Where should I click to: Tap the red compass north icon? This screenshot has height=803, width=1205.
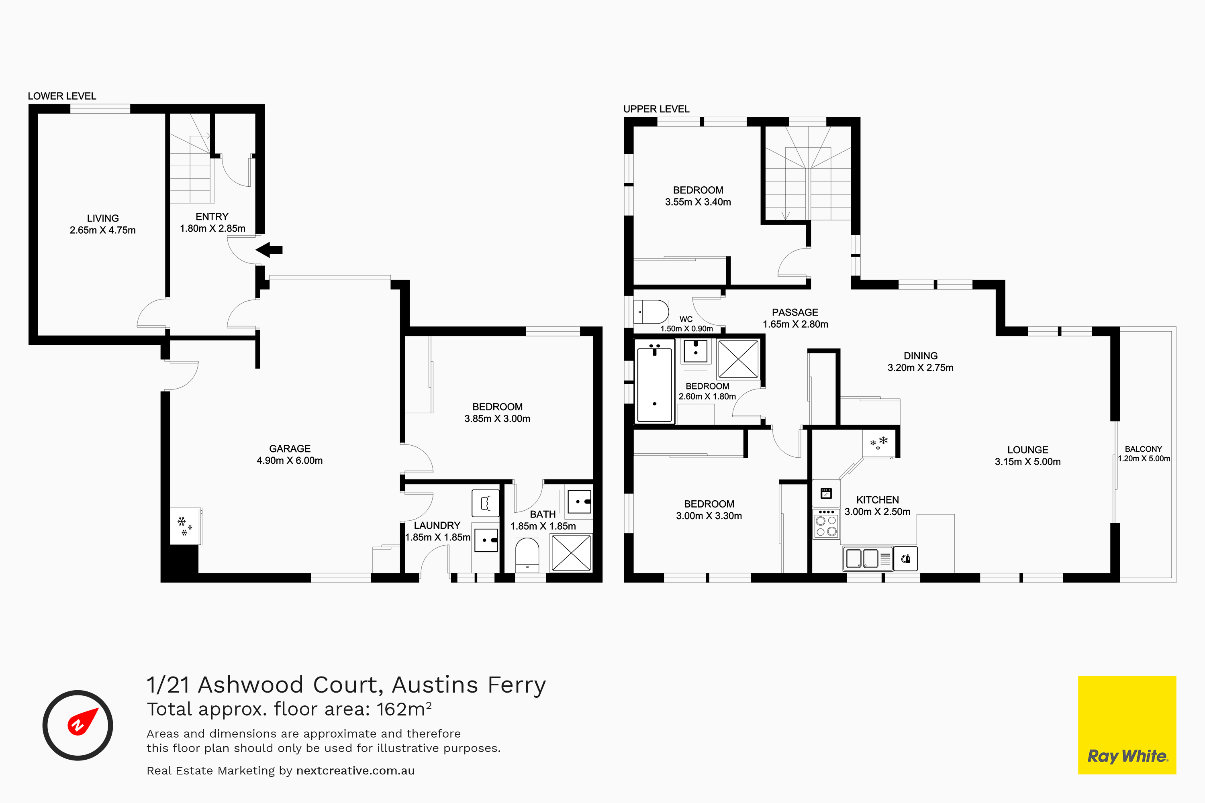click(x=82, y=721)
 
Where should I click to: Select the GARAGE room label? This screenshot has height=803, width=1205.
click(x=290, y=448)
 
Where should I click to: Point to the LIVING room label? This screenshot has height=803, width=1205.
click(x=102, y=218)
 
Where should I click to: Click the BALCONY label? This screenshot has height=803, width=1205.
click(x=1144, y=448)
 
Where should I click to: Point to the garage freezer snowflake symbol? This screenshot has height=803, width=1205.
click(x=184, y=526)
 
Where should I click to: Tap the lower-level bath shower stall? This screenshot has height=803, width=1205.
click(x=571, y=552)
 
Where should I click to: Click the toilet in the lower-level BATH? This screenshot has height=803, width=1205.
click(x=527, y=554)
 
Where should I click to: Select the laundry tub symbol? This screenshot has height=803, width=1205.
click(x=485, y=503)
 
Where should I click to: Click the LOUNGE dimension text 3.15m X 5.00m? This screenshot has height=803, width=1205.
click(x=1028, y=461)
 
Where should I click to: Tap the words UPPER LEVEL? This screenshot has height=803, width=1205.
click(x=656, y=109)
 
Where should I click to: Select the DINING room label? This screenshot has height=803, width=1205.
click(x=921, y=355)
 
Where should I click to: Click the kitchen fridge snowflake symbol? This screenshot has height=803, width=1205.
click(x=879, y=442)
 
